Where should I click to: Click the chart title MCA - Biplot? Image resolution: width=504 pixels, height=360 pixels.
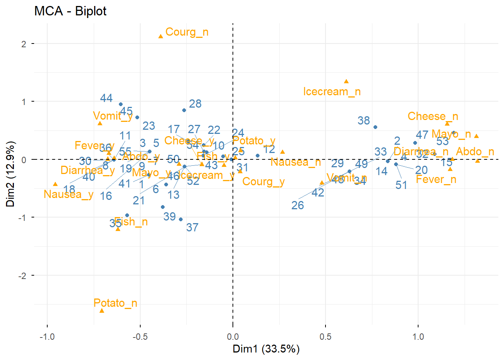click(x=70, y=11)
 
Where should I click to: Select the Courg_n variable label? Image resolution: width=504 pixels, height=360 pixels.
click(x=187, y=32)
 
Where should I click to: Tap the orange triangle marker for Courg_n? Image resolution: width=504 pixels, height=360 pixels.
click(x=161, y=36)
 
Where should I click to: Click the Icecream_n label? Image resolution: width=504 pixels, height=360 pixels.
click(x=332, y=91)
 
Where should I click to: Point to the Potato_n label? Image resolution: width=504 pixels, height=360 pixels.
click(x=115, y=303)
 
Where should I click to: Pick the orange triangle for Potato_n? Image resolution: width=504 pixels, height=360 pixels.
click(x=102, y=311)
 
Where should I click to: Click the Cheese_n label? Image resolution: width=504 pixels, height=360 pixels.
click(x=433, y=116)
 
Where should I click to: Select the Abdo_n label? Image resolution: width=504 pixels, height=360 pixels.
click(x=475, y=151)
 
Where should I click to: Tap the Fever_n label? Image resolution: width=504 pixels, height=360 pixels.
click(x=436, y=179)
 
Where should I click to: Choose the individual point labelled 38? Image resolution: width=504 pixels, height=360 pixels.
click(x=375, y=127)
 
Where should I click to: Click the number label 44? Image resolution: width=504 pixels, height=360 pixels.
click(x=106, y=98)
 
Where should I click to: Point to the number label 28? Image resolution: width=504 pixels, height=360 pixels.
click(x=195, y=103)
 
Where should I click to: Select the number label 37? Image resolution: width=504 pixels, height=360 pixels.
click(x=192, y=227)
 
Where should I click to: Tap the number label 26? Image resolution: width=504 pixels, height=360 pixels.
click(x=297, y=205)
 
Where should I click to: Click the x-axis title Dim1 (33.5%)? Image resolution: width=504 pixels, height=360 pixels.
click(x=266, y=349)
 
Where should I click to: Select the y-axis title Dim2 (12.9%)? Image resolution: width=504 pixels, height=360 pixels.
click(x=10, y=174)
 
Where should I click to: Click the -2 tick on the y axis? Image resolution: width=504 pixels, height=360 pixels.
click(x=23, y=276)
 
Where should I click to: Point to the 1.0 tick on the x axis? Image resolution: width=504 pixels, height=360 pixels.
click(x=418, y=336)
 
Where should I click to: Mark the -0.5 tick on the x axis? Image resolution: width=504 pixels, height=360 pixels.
click(x=140, y=336)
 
